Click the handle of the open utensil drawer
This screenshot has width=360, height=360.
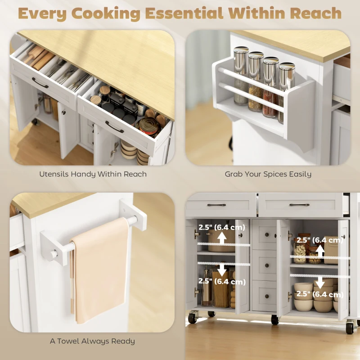point(40,83)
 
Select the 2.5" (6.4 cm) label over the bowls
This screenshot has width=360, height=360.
point(319,295)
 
